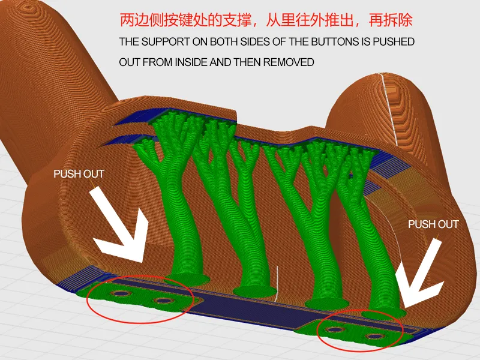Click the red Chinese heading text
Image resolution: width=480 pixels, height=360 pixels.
click(266, 20)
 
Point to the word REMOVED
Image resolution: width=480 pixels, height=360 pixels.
click(289, 62)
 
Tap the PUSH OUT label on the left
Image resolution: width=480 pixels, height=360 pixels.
click(79, 174)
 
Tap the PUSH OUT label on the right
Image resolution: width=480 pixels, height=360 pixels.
click(433, 224)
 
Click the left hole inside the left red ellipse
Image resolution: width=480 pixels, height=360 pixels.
click(122, 293)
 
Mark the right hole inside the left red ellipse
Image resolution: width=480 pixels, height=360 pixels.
click(163, 301)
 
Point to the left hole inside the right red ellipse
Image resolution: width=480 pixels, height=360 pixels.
click(335, 330)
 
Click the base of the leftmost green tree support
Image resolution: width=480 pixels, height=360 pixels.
click(187, 279)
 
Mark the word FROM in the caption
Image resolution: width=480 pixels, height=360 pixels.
click(159, 62)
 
